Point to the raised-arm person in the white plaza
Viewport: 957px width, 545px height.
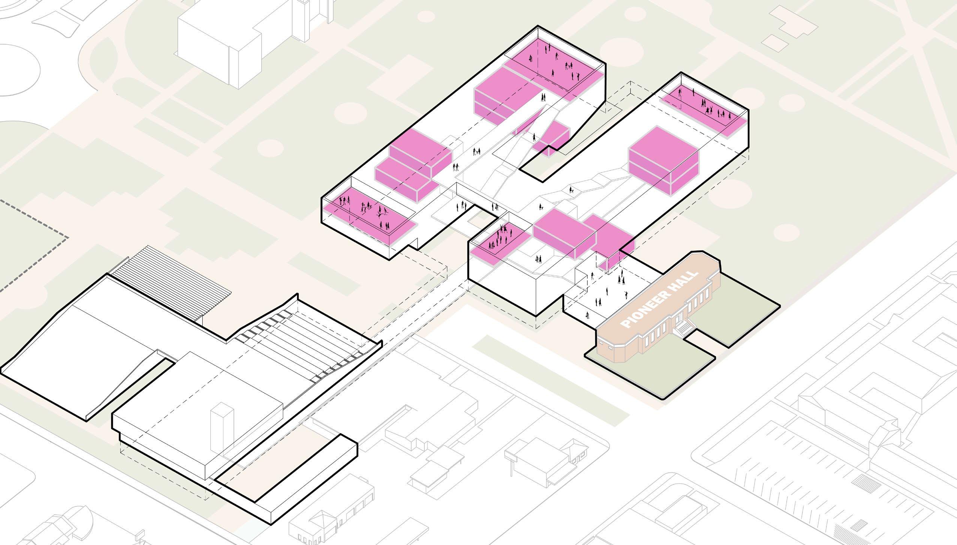tap(625, 294)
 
